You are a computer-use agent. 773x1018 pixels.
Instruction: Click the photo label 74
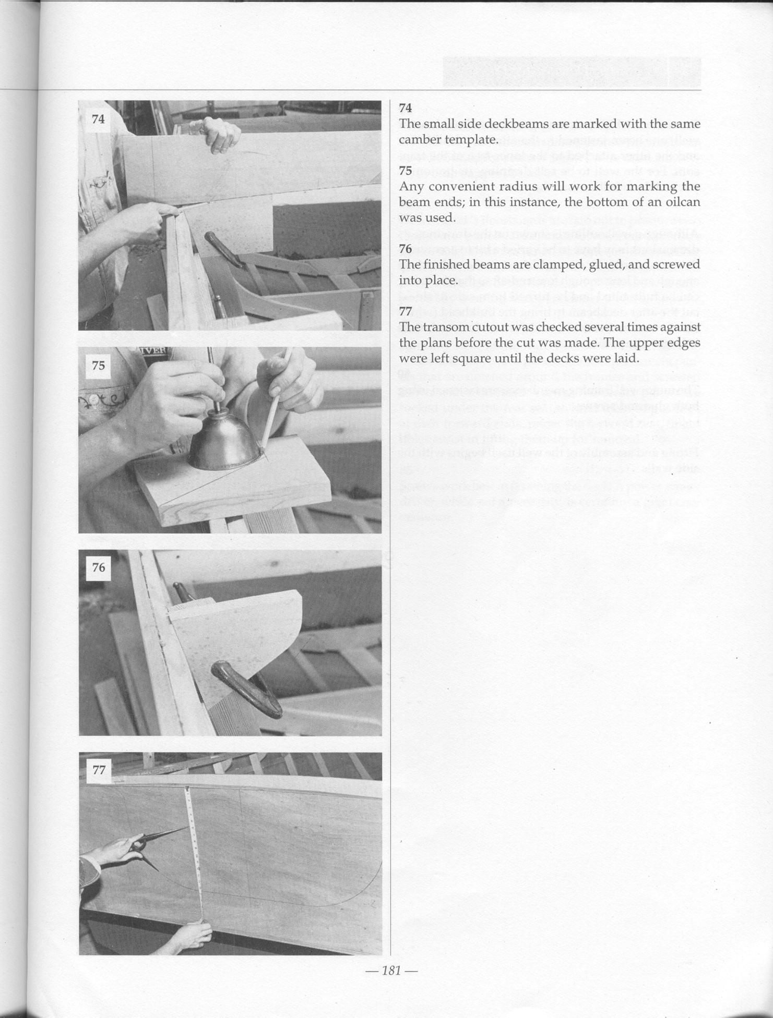tap(98, 119)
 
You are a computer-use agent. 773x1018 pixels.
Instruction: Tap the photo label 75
tap(98, 366)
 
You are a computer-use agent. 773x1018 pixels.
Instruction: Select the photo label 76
tap(98, 567)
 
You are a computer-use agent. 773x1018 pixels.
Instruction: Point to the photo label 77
tap(99, 770)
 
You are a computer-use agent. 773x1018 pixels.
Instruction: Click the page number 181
tap(390, 971)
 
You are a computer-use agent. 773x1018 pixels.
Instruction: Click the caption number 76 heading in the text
tap(406, 249)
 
